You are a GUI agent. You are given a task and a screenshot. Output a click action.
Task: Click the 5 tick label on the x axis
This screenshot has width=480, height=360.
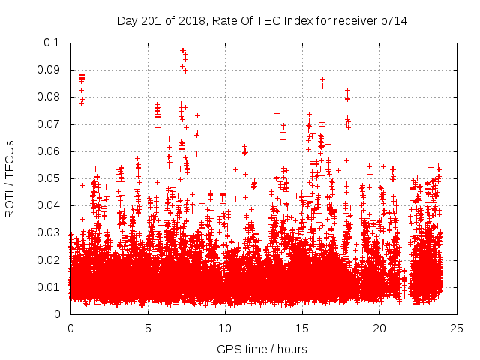(148, 328)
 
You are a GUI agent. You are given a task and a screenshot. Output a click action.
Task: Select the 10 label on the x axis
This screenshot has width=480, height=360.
(225, 328)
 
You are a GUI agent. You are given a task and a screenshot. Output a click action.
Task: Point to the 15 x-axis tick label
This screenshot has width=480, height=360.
(302, 328)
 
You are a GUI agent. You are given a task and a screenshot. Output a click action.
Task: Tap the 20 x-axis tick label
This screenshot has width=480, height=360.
(379, 328)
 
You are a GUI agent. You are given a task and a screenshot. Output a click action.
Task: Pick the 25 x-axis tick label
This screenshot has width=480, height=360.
(457, 328)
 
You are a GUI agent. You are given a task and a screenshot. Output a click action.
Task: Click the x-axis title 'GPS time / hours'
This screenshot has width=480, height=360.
(262, 349)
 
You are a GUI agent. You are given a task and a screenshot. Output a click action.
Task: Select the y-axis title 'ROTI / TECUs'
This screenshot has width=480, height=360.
(10, 178)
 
